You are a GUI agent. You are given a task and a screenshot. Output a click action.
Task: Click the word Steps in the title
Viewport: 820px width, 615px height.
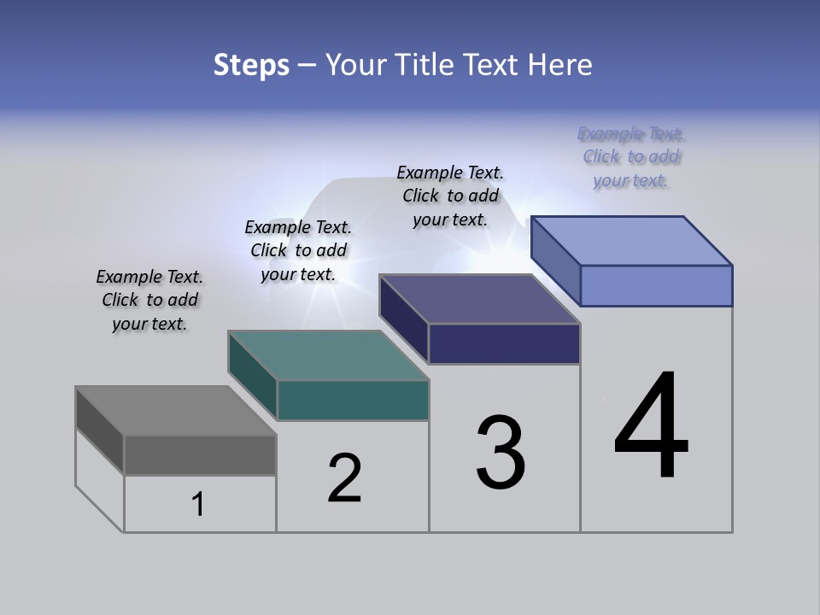click(x=251, y=65)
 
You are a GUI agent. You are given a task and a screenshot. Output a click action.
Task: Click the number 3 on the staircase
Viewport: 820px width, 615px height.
click(x=501, y=453)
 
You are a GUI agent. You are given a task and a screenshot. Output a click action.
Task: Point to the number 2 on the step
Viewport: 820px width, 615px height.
click(x=344, y=478)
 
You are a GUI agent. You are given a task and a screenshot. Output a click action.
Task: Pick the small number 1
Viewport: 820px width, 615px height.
click(x=198, y=505)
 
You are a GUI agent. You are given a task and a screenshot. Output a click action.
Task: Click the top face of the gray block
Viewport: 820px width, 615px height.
click(x=175, y=411)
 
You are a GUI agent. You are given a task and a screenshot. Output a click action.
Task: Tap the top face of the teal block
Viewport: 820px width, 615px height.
click(x=328, y=355)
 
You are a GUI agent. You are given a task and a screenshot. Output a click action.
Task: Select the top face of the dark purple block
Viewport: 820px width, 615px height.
click(x=479, y=299)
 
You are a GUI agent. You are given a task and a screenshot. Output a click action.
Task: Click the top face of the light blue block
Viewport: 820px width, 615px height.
click(x=632, y=241)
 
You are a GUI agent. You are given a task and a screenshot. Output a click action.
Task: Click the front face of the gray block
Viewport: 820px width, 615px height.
click(x=200, y=455)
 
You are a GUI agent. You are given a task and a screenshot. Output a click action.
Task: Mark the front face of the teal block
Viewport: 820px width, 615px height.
click(x=353, y=401)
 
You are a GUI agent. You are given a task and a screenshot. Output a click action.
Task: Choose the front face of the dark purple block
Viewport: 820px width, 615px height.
click(x=504, y=344)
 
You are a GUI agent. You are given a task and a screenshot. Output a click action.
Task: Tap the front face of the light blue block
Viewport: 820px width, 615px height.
click(x=656, y=285)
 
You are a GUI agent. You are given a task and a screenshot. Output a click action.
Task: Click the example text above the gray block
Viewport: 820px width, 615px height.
click(x=149, y=300)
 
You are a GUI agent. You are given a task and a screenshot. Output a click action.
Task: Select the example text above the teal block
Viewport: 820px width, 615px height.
click(x=298, y=250)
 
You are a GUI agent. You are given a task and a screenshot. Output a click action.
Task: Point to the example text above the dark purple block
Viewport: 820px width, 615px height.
click(x=450, y=196)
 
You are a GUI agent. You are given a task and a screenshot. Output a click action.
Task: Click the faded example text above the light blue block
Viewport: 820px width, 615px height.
click(x=631, y=156)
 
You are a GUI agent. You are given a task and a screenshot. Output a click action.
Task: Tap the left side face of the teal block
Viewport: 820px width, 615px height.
click(x=253, y=376)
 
